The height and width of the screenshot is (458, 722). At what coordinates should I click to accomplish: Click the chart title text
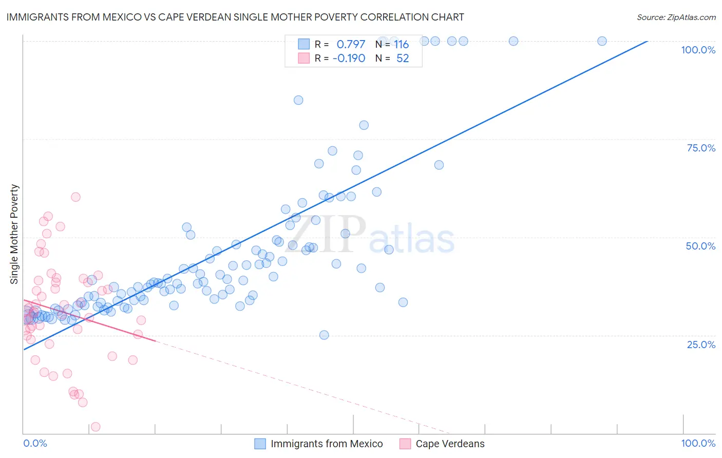235,17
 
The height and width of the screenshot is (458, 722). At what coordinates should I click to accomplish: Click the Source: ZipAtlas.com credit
676,17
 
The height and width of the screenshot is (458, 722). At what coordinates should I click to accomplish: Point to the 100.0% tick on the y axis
698,50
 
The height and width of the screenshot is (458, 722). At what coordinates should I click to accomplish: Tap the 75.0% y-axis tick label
701,148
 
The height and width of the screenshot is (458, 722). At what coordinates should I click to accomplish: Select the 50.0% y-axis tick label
700,246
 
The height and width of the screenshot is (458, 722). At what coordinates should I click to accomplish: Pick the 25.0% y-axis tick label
701,344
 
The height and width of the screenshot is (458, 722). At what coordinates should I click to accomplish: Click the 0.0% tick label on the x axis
35,443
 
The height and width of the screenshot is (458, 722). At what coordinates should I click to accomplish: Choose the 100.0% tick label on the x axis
698,443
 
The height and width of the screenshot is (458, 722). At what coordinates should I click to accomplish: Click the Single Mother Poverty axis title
14,234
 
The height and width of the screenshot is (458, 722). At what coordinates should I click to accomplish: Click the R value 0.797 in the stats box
351,45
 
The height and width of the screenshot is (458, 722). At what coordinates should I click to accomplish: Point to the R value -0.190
349,59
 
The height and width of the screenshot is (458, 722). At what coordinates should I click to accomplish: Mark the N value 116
401,45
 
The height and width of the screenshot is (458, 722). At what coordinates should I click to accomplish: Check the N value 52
403,59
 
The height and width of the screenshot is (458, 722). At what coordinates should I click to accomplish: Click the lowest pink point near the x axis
95,427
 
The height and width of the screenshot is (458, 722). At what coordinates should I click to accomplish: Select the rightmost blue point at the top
602,41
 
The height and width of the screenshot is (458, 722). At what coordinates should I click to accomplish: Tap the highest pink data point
75,197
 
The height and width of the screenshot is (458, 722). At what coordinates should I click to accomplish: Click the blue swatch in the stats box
304,44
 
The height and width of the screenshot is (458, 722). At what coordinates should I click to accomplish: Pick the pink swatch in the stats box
304,58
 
